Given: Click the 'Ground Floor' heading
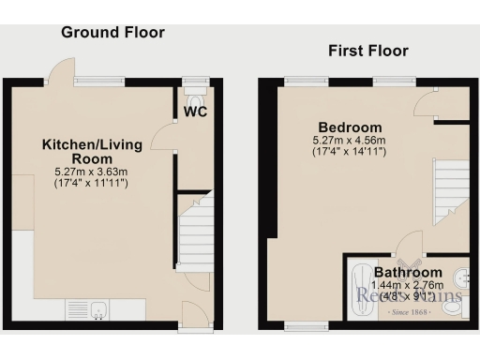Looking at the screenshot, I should [112, 33].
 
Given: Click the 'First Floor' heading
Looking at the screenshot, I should [367, 51].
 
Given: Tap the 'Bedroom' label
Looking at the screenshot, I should [350, 127].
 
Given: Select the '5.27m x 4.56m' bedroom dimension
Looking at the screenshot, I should [350, 142].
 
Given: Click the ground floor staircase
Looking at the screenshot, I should [195, 234].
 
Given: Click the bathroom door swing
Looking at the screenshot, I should [408, 247].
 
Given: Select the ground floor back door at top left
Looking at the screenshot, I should [62, 71].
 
